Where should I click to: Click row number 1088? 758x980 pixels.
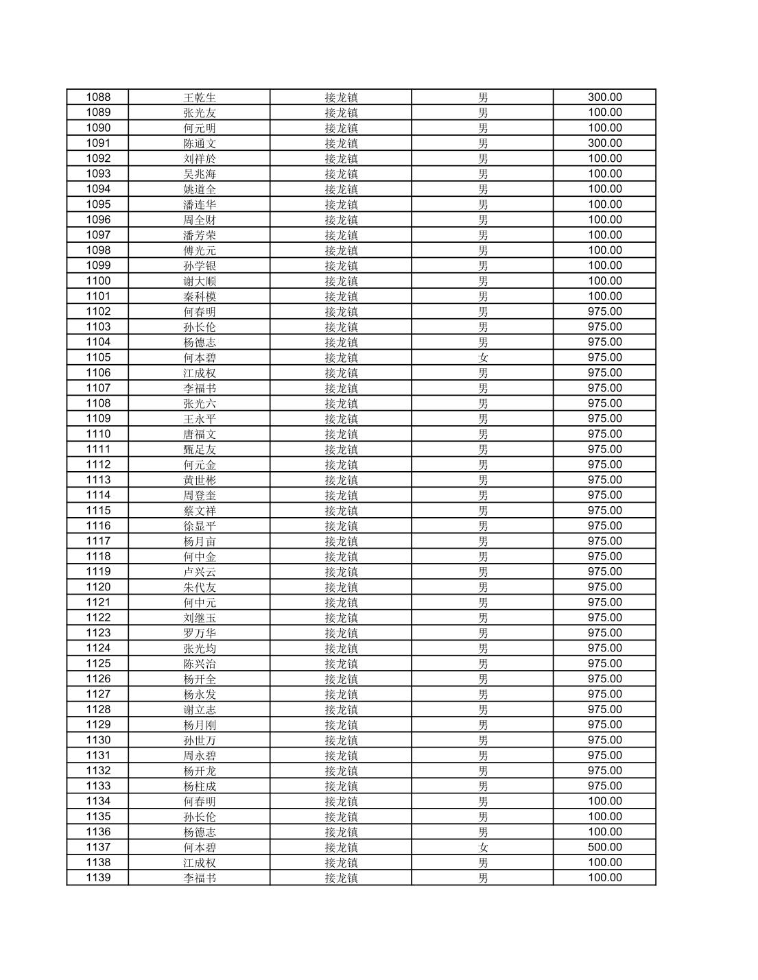click(x=97, y=97)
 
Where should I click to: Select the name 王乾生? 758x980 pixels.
click(x=199, y=97)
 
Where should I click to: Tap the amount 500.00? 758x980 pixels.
click(x=604, y=847)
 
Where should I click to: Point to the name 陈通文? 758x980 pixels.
click(x=199, y=143)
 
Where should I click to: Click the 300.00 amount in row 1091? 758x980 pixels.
click(x=604, y=143)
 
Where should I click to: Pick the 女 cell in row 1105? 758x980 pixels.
click(x=483, y=357)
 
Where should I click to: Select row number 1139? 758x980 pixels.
click(x=97, y=878)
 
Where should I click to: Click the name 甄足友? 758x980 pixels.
click(x=199, y=449)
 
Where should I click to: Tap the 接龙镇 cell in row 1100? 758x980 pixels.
click(x=341, y=280)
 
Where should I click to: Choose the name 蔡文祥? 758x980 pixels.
click(x=199, y=510)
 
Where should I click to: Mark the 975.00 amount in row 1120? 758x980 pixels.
click(x=604, y=587)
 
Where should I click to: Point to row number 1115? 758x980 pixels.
click(x=97, y=510)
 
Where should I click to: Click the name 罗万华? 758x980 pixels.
click(x=199, y=633)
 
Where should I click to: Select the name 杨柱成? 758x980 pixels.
click(x=199, y=786)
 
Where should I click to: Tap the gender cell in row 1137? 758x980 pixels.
click(x=483, y=847)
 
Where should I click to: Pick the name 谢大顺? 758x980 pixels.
click(x=199, y=280)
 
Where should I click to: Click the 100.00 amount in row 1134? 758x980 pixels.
click(x=604, y=801)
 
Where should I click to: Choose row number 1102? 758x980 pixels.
click(x=97, y=311)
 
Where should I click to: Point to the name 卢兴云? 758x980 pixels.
click(x=199, y=571)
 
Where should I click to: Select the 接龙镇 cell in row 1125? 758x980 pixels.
click(x=341, y=663)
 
